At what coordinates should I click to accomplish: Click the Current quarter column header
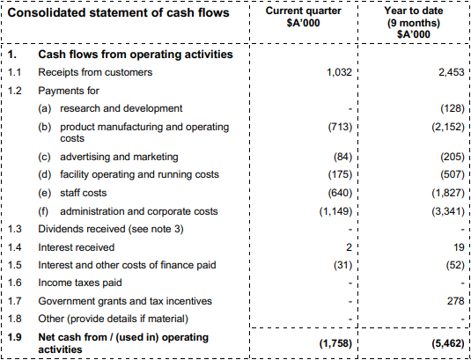pos(303,17)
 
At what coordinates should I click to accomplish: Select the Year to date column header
pos(413,23)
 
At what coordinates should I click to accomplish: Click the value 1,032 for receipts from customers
pos(339,72)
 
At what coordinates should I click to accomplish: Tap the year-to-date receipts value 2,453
pos(452,72)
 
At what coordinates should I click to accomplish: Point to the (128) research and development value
pos(453,108)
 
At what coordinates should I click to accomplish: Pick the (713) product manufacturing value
pos(340,127)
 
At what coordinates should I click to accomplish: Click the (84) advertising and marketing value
pos(342,157)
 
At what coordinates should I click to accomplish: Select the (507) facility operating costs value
pos(453,175)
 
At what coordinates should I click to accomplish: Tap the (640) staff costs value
pos(340,193)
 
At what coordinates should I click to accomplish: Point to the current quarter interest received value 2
pos(349,247)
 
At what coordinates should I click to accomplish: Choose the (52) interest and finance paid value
pos(455,266)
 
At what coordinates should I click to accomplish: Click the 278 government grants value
pos(455,301)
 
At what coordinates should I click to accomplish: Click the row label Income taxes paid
pos(80,283)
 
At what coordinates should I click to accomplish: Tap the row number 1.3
pos(14,229)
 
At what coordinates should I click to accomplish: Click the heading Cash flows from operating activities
pos(136,55)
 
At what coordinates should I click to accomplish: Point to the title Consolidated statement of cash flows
pos(118,13)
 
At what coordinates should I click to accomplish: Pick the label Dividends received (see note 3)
pos(111,230)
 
